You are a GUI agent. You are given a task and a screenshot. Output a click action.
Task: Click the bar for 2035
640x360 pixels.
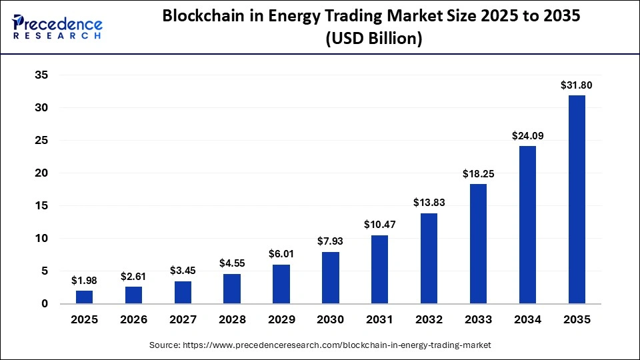[576, 199]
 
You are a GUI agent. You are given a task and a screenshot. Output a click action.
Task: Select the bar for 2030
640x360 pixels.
[331, 277]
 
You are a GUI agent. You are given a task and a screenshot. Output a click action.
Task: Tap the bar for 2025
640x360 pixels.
[85, 297]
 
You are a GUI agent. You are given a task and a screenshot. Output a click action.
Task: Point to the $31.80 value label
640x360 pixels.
[576, 85]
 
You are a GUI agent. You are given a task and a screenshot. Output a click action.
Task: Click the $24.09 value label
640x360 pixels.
[527, 135]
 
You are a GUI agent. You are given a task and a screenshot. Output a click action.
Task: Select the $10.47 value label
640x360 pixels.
[380, 225]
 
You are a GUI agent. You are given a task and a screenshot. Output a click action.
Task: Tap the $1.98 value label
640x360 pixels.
[85, 280]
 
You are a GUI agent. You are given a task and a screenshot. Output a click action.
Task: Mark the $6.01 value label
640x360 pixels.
[281, 254]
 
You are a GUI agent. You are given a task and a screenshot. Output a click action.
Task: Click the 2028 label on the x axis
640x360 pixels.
[232, 319]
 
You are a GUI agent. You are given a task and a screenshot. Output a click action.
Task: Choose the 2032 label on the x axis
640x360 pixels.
[429, 319]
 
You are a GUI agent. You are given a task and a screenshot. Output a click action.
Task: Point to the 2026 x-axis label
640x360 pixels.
[134, 319]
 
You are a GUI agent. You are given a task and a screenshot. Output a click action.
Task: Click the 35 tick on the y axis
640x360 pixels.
[41, 75]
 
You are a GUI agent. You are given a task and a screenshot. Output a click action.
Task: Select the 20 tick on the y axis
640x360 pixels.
[41, 173]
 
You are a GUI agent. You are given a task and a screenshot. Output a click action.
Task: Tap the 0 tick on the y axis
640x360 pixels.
[45, 304]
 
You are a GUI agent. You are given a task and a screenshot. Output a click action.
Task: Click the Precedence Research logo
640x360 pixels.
[57, 26]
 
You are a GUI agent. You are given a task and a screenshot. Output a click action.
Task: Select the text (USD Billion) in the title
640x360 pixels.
[373, 39]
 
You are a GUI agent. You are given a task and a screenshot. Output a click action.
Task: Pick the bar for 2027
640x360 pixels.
[183, 292]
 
